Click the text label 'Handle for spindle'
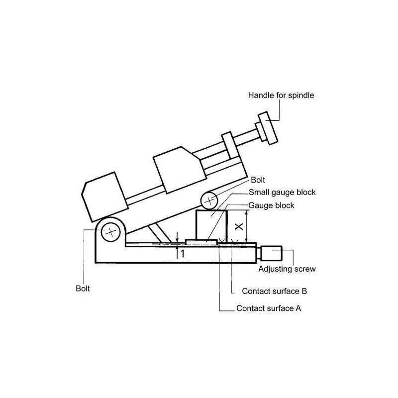(x=281, y=95)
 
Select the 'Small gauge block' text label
(x=282, y=192)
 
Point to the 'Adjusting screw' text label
(x=287, y=269)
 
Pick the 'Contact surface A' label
(x=269, y=308)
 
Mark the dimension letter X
(x=239, y=226)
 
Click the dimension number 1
(x=182, y=253)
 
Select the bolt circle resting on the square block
(x=210, y=200)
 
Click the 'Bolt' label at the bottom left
(x=82, y=288)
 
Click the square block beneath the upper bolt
(x=211, y=224)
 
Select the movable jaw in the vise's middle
(x=179, y=171)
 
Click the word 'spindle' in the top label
(x=300, y=95)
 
